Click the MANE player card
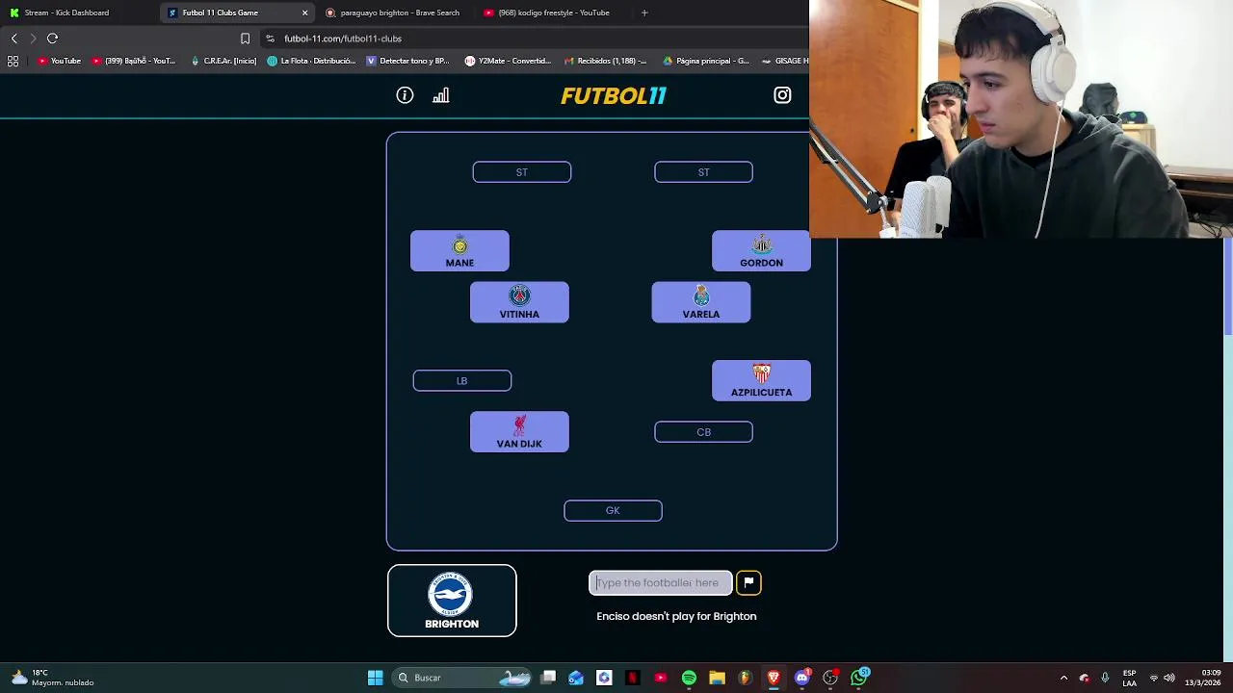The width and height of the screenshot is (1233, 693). [x=459, y=251]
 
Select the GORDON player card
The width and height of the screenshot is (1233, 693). [x=761, y=251]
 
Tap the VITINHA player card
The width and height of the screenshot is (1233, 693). [x=519, y=302]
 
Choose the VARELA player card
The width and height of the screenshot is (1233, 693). [x=701, y=302]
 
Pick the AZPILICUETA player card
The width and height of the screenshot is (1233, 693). [x=761, y=381]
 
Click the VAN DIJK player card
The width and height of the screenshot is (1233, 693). [x=519, y=432]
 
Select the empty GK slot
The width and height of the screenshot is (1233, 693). [x=613, y=511]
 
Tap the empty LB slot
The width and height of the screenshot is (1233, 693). [x=462, y=381]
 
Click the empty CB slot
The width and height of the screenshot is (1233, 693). [x=703, y=433]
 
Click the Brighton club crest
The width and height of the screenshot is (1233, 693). [x=451, y=594]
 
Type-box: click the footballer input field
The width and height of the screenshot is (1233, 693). [x=661, y=583]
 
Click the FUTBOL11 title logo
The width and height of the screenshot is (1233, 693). [x=614, y=96]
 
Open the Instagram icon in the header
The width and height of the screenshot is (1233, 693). [x=782, y=95]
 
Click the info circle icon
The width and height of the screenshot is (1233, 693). [x=405, y=95]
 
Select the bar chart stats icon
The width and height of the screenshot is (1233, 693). [x=441, y=95]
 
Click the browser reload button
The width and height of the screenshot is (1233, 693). [x=53, y=38]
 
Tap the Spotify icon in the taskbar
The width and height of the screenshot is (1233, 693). [x=689, y=678]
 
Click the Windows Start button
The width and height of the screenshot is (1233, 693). [x=375, y=678]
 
